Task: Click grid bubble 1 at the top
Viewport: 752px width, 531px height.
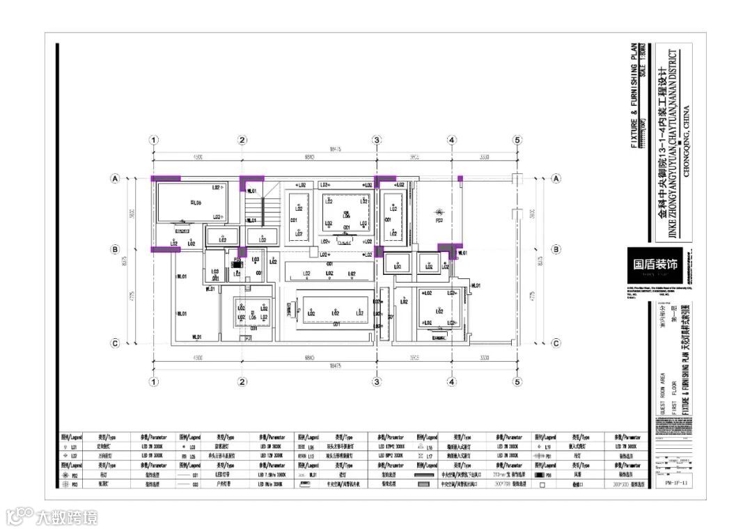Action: (x=154, y=140)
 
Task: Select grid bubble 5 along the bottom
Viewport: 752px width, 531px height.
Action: (x=517, y=381)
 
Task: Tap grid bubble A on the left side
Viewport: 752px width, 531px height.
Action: (x=115, y=179)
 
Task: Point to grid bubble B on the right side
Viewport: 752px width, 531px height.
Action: (x=556, y=249)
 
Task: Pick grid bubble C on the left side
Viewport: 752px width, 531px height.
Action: (x=115, y=343)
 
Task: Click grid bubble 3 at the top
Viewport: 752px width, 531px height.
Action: (x=377, y=140)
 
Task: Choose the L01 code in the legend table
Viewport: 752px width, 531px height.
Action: (x=76, y=446)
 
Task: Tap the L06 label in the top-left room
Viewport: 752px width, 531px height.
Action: (x=196, y=203)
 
